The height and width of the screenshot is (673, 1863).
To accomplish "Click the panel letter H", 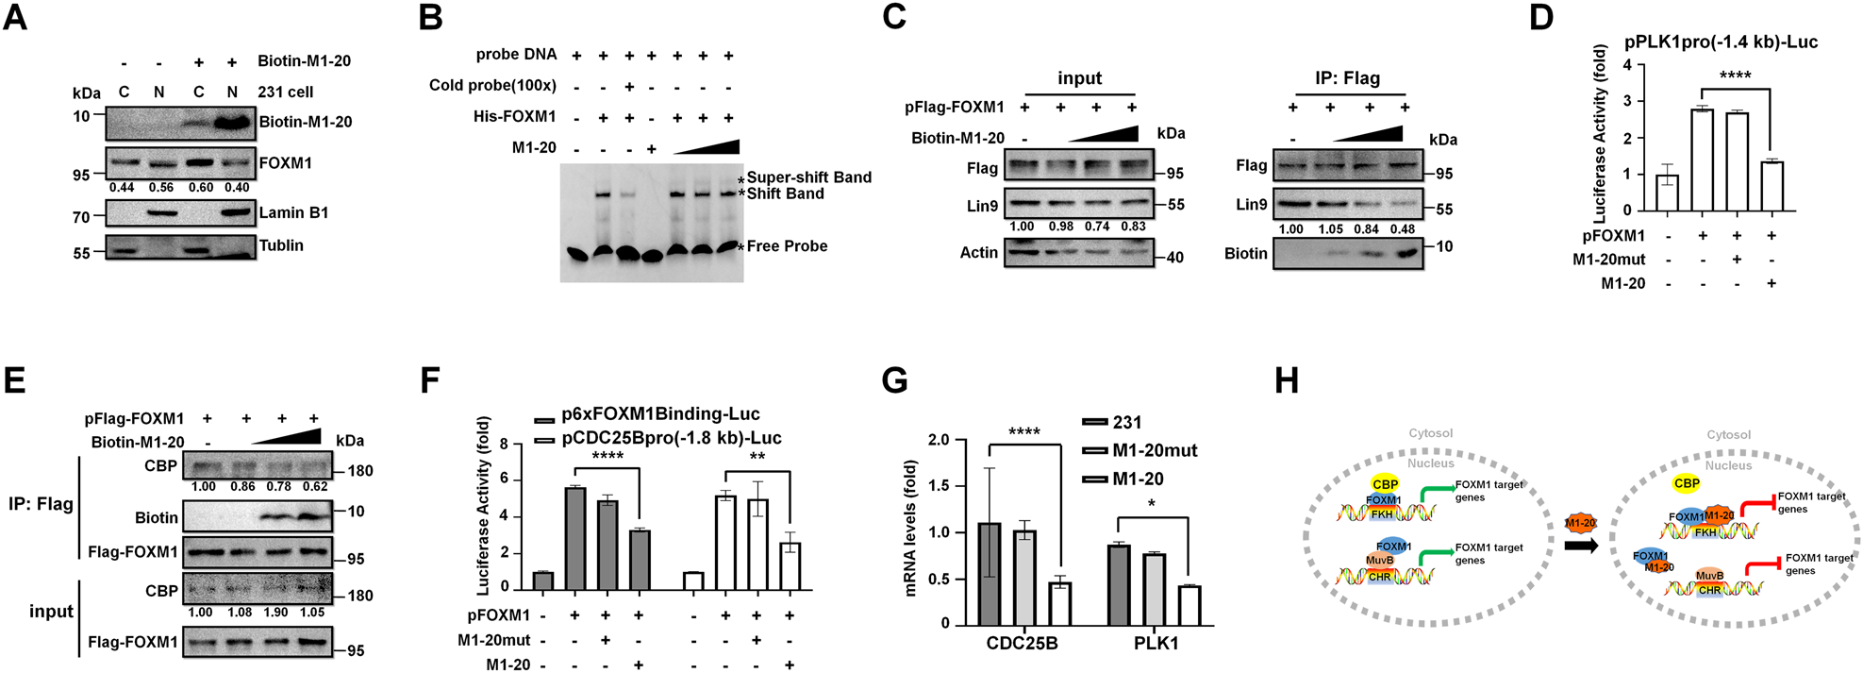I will [1286, 380].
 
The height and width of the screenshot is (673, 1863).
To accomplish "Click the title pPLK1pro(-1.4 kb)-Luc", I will [1721, 42].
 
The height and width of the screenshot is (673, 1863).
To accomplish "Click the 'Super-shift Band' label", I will [808, 177].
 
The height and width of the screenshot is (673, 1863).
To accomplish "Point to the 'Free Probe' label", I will [787, 246].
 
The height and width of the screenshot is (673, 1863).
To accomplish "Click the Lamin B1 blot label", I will [293, 213].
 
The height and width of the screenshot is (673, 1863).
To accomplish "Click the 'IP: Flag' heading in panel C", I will [1347, 78].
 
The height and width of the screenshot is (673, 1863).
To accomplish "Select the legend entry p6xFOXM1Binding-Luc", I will [659, 414].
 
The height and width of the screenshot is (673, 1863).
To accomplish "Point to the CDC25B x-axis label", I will [1022, 644].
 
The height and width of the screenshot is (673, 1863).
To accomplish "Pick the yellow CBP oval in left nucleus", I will [1385, 484].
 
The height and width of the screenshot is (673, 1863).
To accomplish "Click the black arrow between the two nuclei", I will [1581, 546].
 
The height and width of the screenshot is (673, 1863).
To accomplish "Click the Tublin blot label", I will [281, 245].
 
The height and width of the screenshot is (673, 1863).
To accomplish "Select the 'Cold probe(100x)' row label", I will [492, 86].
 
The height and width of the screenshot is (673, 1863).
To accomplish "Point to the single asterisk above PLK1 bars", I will [1151, 505].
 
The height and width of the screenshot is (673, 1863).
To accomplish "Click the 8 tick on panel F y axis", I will [504, 444].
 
